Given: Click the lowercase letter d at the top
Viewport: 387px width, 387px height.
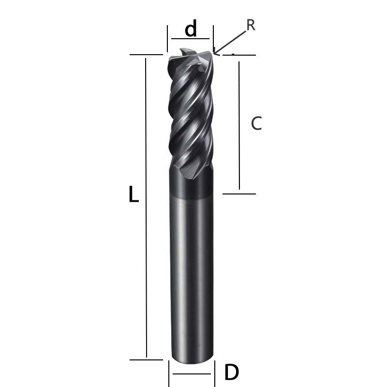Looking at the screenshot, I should (x=191, y=30).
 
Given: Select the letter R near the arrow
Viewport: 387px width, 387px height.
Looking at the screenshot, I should (x=251, y=25).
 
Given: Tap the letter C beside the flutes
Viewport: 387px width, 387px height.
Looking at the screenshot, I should (x=256, y=124).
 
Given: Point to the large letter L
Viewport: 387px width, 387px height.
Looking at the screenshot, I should (x=134, y=195).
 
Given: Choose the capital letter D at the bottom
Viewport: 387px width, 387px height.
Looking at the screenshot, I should (x=231, y=372).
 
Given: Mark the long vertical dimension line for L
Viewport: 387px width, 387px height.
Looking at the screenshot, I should (x=146, y=208).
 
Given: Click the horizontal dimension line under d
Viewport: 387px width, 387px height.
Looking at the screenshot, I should (x=190, y=39).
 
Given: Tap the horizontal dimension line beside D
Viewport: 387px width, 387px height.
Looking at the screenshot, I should (x=192, y=374).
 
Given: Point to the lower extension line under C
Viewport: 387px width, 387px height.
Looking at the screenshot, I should (x=239, y=194).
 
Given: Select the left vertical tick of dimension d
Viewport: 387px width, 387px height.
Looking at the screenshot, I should (x=167, y=39).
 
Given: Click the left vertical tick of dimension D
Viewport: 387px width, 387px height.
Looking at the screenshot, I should (x=169, y=373).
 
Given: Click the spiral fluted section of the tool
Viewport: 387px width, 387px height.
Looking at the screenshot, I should (x=191, y=116).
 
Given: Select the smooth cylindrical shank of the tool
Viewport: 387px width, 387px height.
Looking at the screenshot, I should (x=192, y=271).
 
